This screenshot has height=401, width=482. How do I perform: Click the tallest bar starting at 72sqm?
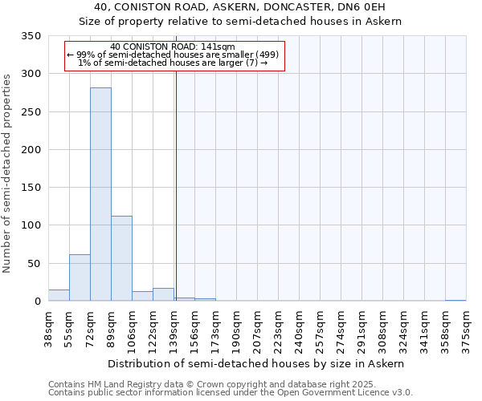click(x=100, y=194)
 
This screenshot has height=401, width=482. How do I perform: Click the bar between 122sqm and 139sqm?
click(x=163, y=294)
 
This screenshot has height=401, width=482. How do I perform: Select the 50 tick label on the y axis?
click(x=34, y=264)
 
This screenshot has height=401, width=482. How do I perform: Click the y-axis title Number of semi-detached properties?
click(x=8, y=172)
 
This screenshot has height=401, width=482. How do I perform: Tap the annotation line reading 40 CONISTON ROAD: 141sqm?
click(x=173, y=47)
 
